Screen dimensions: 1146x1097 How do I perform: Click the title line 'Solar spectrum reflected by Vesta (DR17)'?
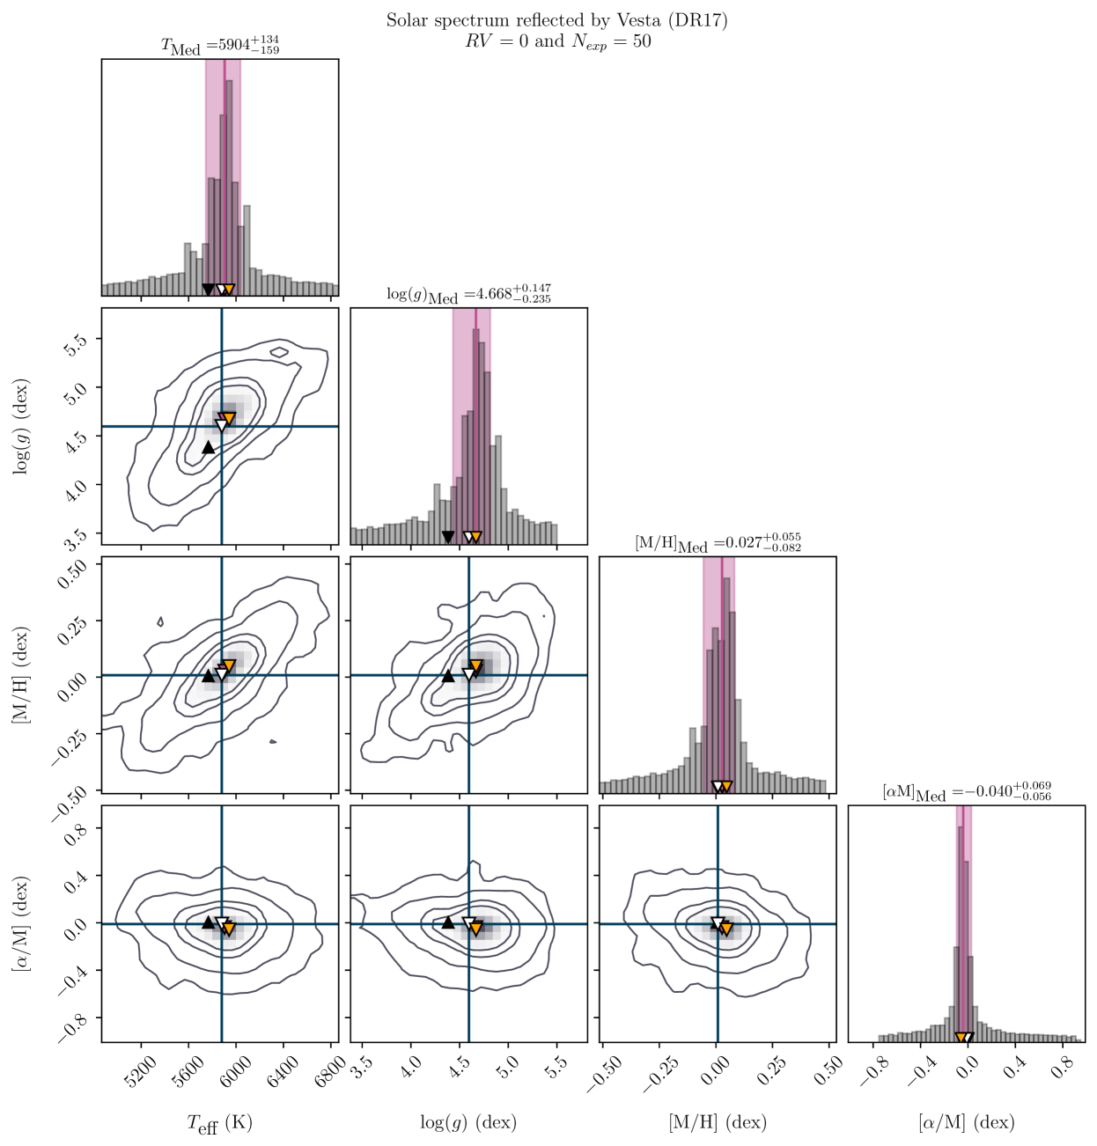coord(556,20)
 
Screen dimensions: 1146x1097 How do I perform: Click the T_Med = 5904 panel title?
coord(220,46)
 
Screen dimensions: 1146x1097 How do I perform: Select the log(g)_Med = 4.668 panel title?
coord(468,294)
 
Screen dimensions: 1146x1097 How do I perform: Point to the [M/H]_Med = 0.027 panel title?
coord(718,543)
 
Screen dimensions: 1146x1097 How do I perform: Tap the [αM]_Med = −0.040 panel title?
coord(966,791)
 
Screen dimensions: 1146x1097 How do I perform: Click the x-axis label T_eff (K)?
coord(220,1123)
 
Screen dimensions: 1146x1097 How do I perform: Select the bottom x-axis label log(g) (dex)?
coord(468,1122)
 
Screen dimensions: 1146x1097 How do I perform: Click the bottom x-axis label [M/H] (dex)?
coord(718,1122)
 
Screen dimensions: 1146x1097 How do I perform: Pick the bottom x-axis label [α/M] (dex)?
coord(966,1122)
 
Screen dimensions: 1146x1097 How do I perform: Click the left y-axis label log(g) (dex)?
coord(21,427)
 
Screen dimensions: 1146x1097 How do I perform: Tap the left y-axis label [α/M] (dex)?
coord(21,923)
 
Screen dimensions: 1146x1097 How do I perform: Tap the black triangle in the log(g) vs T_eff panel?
coord(208,447)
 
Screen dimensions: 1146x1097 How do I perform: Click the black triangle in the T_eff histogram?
coord(208,289)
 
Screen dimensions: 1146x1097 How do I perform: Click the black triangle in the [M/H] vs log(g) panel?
coord(447,676)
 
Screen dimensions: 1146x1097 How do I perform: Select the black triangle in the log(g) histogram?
coord(447,537)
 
